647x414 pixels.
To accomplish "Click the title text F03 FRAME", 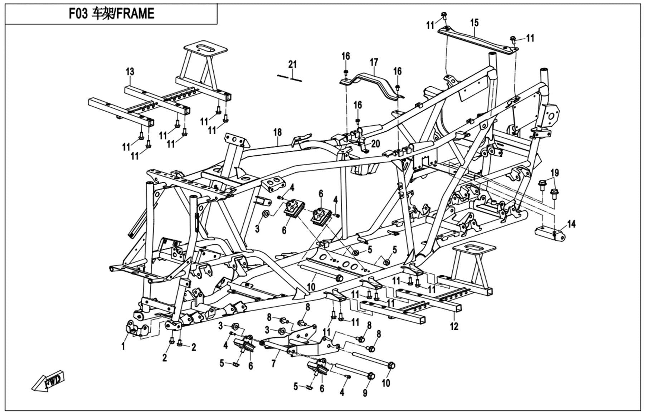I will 111,14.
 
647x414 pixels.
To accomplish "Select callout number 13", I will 130,72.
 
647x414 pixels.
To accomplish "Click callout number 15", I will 474,23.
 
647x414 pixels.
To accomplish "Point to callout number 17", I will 374,63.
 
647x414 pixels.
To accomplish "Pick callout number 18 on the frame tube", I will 278,132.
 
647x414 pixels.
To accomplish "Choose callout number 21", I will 293,64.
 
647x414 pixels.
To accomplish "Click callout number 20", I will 375,143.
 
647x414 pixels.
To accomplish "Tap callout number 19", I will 554,173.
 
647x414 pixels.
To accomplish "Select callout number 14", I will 571,224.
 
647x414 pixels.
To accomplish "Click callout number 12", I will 454,326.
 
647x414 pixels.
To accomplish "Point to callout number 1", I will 123,346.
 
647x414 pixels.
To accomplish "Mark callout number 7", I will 273,364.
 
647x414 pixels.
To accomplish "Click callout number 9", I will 365,393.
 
